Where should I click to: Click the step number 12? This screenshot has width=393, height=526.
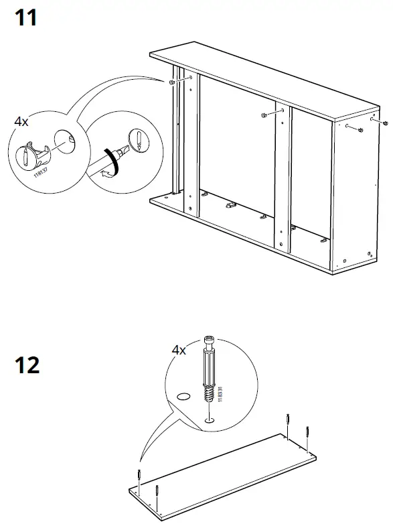[x=27, y=365]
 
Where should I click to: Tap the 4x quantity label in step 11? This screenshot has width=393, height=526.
[x=21, y=122]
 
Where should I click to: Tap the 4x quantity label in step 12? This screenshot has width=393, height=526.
[x=179, y=350]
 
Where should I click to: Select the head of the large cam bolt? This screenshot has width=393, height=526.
[x=209, y=342]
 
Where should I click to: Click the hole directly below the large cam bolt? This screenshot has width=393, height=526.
[x=210, y=420]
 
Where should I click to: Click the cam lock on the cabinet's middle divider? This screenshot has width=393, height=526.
[x=263, y=115]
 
